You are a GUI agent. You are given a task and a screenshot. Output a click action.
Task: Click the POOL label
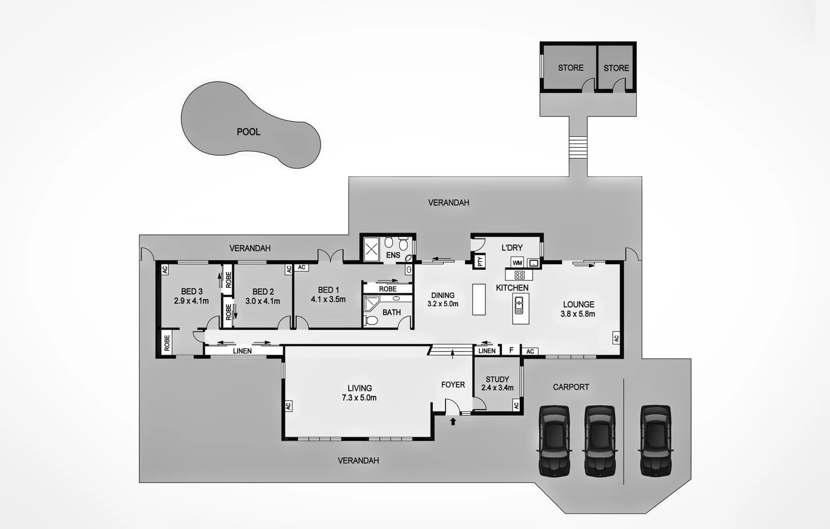point(248,132)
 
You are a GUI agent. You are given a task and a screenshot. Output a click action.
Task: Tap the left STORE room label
point(571,68)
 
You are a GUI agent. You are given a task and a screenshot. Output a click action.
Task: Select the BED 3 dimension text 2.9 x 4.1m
point(191,301)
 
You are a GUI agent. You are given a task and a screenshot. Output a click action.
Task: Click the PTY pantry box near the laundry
point(480,261)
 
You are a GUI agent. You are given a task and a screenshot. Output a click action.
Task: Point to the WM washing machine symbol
point(517,263)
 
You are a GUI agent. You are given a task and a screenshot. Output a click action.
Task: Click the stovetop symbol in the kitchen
point(519,275)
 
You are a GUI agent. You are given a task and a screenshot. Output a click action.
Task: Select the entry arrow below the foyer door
point(453,421)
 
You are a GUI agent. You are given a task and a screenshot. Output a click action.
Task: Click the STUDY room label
point(497,379)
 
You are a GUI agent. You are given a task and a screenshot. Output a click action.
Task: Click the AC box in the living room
point(288,406)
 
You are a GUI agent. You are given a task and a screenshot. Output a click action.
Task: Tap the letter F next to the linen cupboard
point(511,350)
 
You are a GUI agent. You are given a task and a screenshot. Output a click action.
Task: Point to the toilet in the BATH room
point(372,320)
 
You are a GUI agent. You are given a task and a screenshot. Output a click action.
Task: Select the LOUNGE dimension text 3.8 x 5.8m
point(578,314)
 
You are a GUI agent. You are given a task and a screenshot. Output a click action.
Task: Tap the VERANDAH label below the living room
point(358,460)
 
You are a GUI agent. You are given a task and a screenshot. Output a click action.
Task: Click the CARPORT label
point(571,387)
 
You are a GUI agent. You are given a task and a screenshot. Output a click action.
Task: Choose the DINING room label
point(442,295)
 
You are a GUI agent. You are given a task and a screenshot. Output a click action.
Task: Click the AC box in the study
point(516,405)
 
